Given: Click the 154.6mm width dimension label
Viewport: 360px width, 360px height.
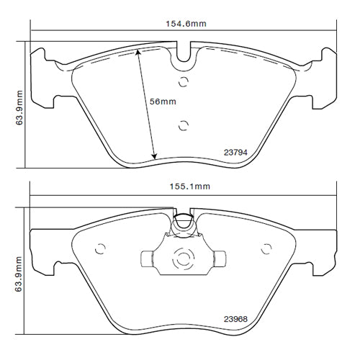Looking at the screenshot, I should (x=184, y=24).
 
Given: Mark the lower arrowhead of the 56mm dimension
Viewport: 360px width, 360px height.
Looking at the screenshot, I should (x=154, y=158).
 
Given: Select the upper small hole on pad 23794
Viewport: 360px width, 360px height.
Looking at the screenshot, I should (x=183, y=81).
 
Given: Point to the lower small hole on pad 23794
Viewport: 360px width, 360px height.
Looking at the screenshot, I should (x=183, y=124).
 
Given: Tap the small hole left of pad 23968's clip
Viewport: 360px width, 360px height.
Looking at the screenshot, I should (x=100, y=251).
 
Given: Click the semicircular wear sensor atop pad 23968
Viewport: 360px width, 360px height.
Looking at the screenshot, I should (x=183, y=222).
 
